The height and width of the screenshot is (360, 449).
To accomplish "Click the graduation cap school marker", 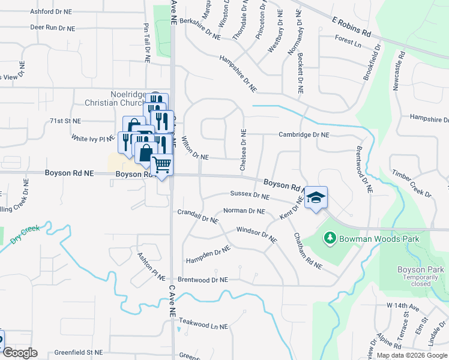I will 316,197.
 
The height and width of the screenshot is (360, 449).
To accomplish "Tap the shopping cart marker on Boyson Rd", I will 162,164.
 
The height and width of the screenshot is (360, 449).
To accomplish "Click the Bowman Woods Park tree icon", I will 330,239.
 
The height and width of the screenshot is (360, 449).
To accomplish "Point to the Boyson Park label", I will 420,270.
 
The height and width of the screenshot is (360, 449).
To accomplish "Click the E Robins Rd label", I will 352,27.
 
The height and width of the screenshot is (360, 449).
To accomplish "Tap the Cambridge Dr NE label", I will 304,135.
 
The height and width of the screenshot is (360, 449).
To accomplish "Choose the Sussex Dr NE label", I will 250,195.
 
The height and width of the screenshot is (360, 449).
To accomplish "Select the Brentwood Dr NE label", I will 203,280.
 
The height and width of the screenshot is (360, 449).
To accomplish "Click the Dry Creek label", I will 25,235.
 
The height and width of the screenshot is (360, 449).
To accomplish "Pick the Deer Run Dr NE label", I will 52,28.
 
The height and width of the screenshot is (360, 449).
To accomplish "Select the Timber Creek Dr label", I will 412,183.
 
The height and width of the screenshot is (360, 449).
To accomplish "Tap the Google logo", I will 19,353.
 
